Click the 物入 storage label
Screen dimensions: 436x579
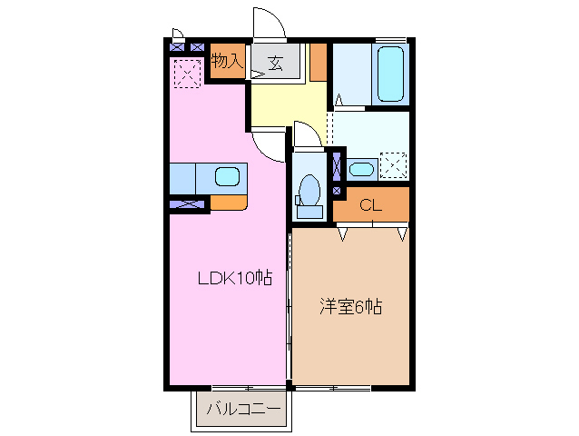point(226,62)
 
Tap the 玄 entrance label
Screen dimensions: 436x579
point(275,63)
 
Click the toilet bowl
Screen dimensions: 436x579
point(309,190)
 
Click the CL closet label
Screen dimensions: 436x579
point(370,204)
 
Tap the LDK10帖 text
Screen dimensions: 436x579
point(235,278)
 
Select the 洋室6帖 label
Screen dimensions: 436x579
point(349,306)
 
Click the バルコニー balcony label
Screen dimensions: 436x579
point(243,410)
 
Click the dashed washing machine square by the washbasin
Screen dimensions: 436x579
point(394,165)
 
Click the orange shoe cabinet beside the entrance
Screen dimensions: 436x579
point(318,62)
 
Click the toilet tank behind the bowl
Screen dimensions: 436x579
point(309,212)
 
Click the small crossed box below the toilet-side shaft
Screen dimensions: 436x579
point(338,191)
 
